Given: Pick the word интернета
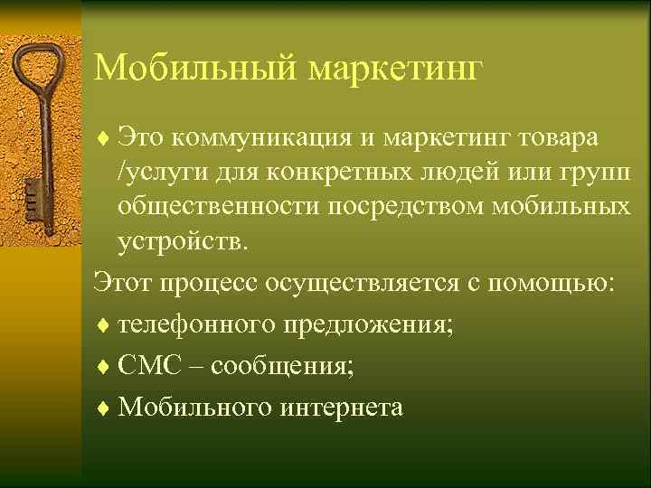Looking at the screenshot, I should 343,407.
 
